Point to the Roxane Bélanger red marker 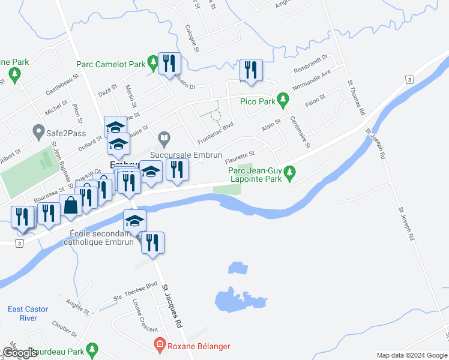[159, 345]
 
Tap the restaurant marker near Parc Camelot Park [169, 62]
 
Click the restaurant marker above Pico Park [250, 70]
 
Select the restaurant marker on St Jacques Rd [152, 242]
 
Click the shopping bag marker [71, 205]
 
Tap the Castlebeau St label [62, 86]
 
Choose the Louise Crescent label [146, 316]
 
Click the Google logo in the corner [19, 353]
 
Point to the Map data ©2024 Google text [412, 355]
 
